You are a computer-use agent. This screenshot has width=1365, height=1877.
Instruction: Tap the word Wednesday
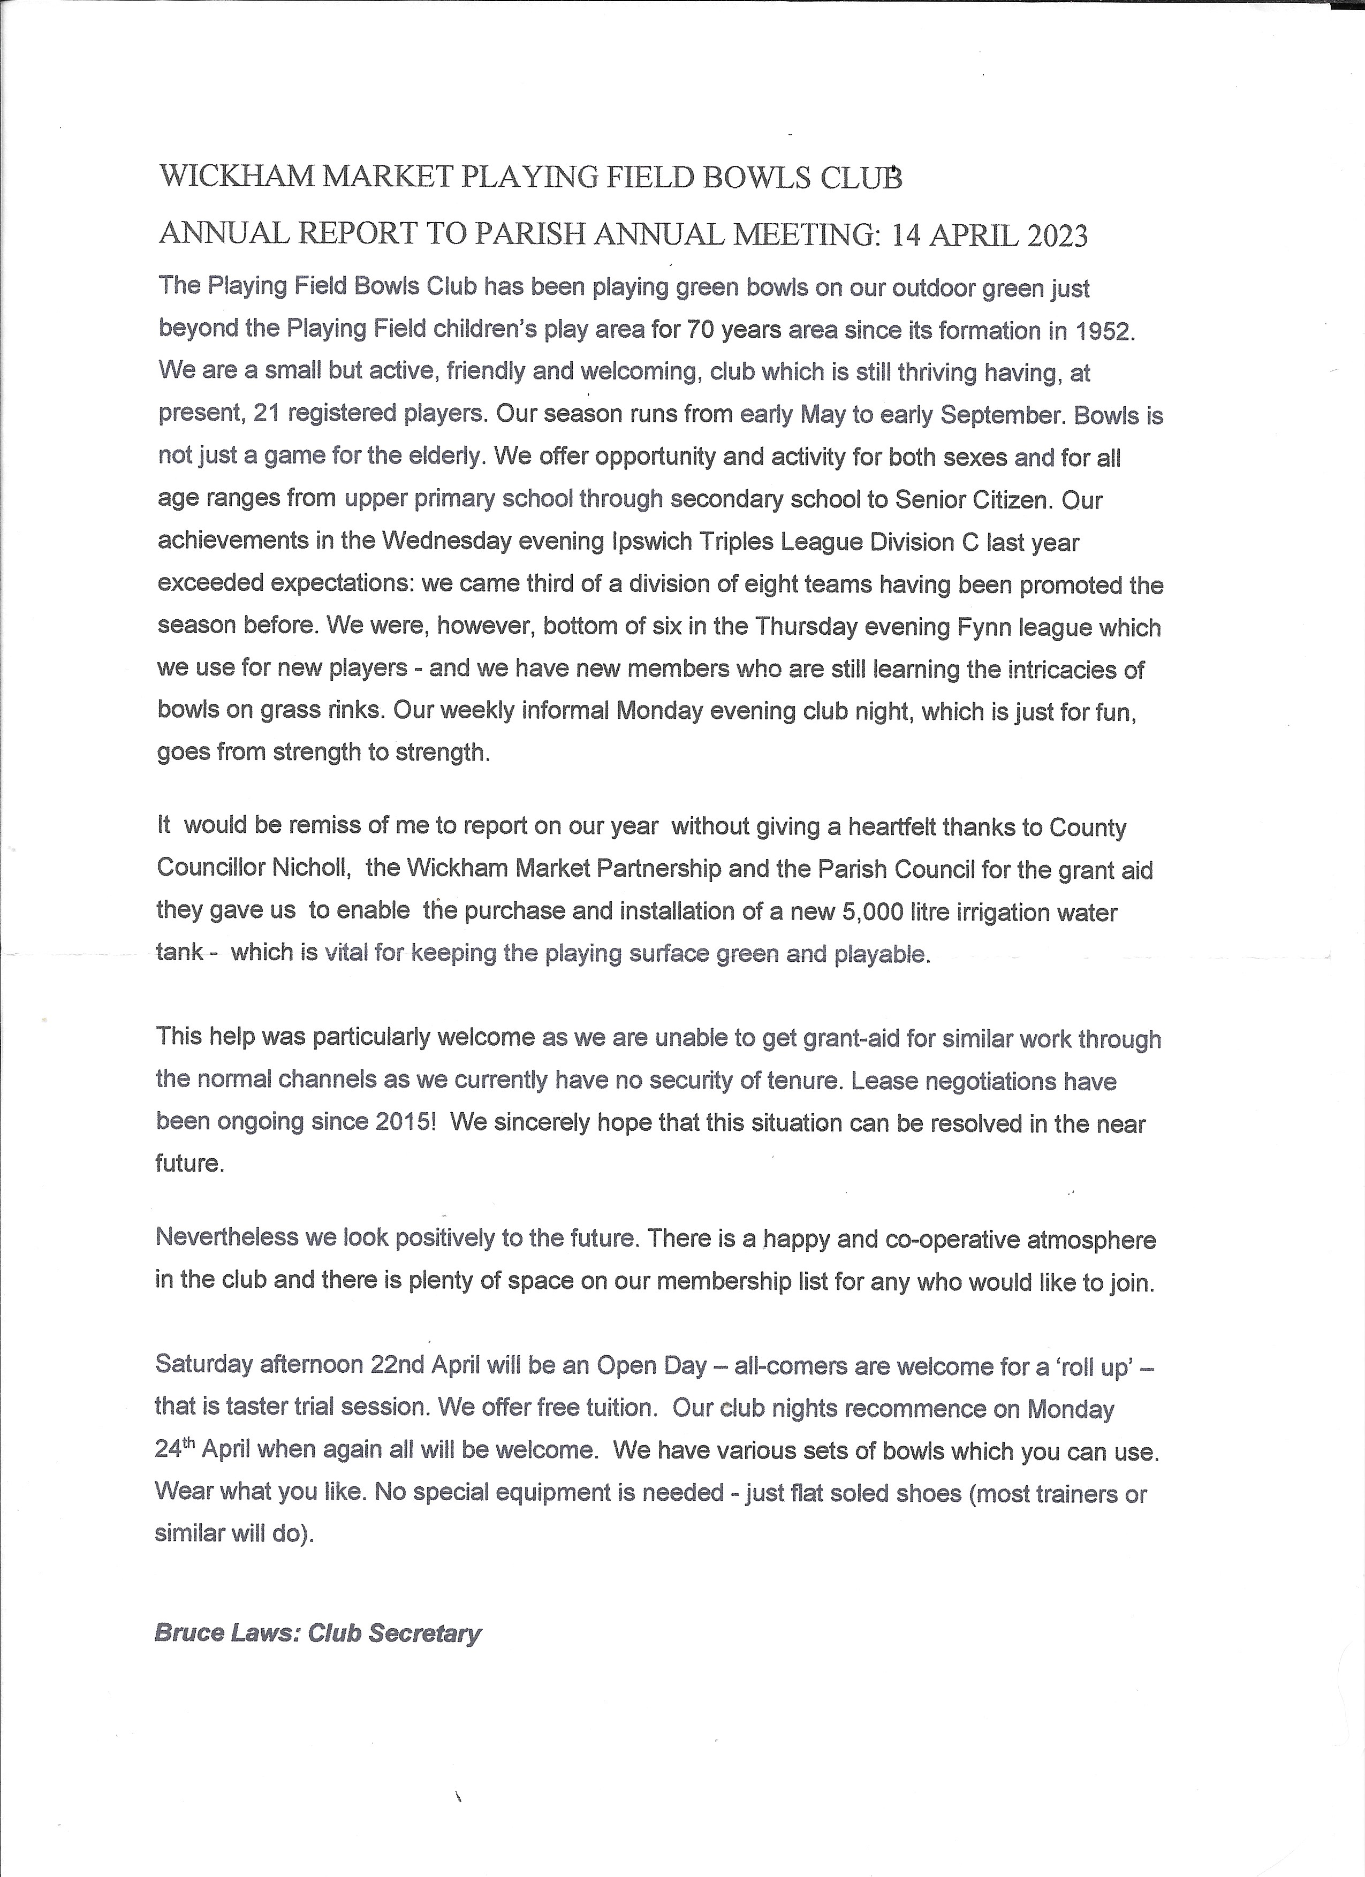click(445, 542)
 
